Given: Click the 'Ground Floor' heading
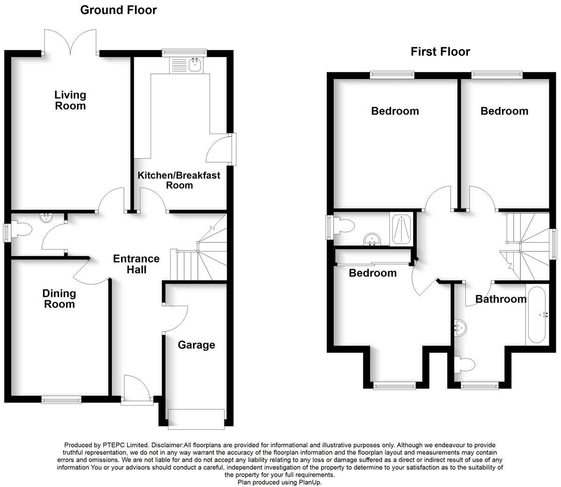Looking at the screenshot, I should [118, 10].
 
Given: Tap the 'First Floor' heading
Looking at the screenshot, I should [440, 51].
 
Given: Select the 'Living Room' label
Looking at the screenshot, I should [70, 100].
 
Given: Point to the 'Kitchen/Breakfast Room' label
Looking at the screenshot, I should [179, 180].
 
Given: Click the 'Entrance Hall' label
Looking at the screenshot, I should [136, 264].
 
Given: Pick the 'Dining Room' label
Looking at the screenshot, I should [59, 299].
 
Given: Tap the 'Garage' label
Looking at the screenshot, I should [196, 345].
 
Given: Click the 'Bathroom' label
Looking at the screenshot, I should [501, 299].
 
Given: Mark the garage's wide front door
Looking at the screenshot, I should [196, 418].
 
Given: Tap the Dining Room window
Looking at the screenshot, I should [61, 400].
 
